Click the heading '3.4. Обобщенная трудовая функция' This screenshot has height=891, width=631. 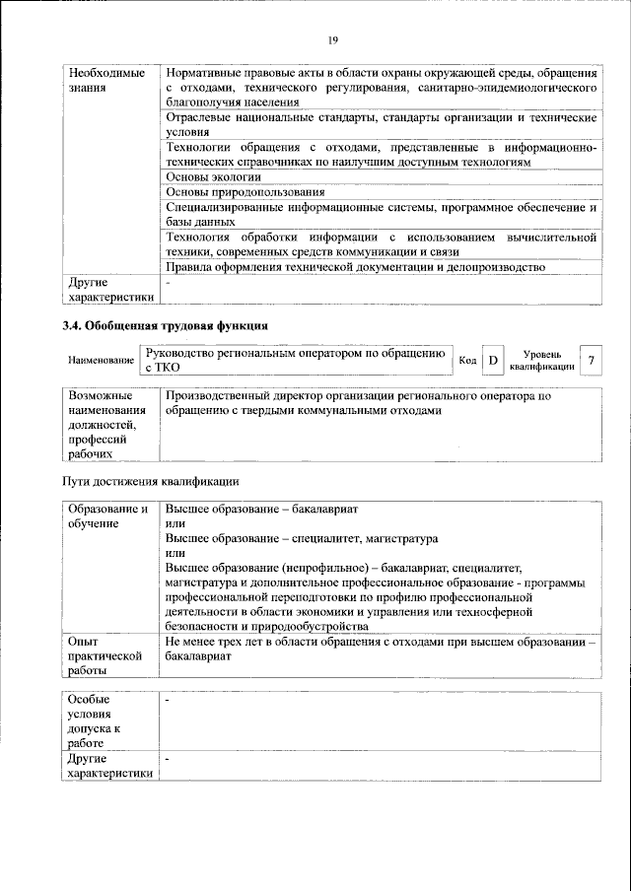click(165, 325)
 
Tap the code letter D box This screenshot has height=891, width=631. click(492, 361)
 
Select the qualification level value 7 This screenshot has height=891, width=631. click(591, 361)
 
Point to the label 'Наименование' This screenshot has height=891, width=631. click(102, 362)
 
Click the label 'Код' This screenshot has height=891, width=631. click(467, 362)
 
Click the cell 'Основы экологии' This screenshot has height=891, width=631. click(214, 176)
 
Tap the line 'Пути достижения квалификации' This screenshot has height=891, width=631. click(150, 481)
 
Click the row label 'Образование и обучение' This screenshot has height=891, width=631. click(108, 516)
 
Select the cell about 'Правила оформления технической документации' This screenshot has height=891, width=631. click(355, 267)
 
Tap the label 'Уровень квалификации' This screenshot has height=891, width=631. click(542, 360)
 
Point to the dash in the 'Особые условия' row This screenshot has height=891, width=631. click(169, 699)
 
